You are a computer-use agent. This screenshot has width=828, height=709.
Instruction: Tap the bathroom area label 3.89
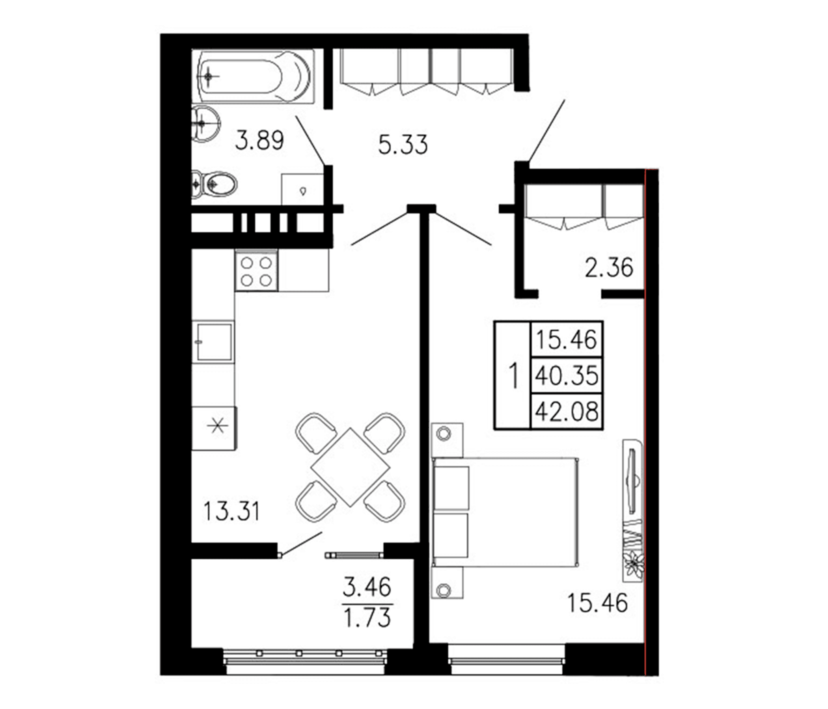[x=259, y=141]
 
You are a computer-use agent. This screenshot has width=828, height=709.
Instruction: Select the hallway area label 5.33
[x=403, y=145]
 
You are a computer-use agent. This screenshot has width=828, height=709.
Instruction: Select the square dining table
[x=350, y=467]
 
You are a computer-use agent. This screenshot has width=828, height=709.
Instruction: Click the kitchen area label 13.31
[x=231, y=511]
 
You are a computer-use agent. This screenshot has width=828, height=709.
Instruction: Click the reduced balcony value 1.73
[x=367, y=618]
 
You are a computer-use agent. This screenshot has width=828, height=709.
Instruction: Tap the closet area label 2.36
[x=609, y=267]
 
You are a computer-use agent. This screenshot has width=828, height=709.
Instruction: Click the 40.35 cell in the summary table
[x=566, y=376]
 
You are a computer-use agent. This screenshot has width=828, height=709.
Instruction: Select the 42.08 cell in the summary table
[x=566, y=411]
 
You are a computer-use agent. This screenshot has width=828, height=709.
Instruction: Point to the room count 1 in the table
[x=513, y=375]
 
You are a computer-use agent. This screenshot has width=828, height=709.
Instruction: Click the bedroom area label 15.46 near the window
[x=597, y=603]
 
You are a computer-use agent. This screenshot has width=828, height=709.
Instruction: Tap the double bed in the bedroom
[x=505, y=512]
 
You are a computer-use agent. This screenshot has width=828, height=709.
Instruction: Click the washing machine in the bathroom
[x=302, y=189]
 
